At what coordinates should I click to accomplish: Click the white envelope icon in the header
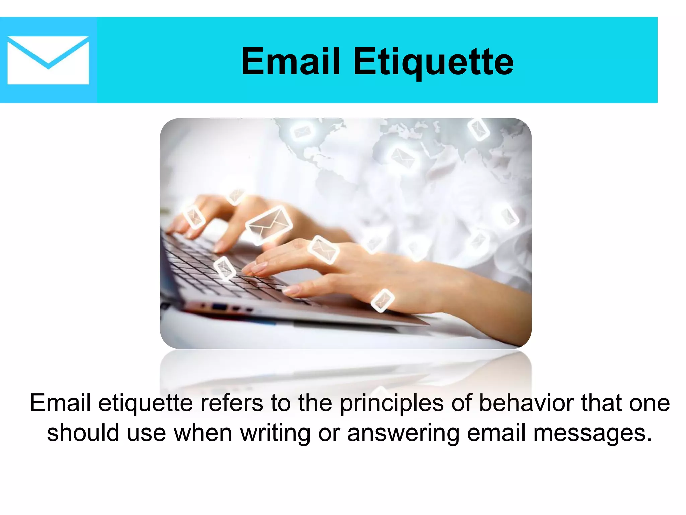(x=48, y=60)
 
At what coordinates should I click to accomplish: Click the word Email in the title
(x=290, y=62)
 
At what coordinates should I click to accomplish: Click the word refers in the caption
(x=231, y=403)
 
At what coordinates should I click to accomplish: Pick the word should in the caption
(x=83, y=433)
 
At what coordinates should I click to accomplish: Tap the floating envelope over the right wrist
(x=382, y=300)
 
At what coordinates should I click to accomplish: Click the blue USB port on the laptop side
(x=219, y=306)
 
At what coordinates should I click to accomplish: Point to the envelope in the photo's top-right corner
(x=478, y=129)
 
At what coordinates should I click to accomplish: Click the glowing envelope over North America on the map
(x=302, y=131)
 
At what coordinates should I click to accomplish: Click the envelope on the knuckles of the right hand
(x=323, y=249)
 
